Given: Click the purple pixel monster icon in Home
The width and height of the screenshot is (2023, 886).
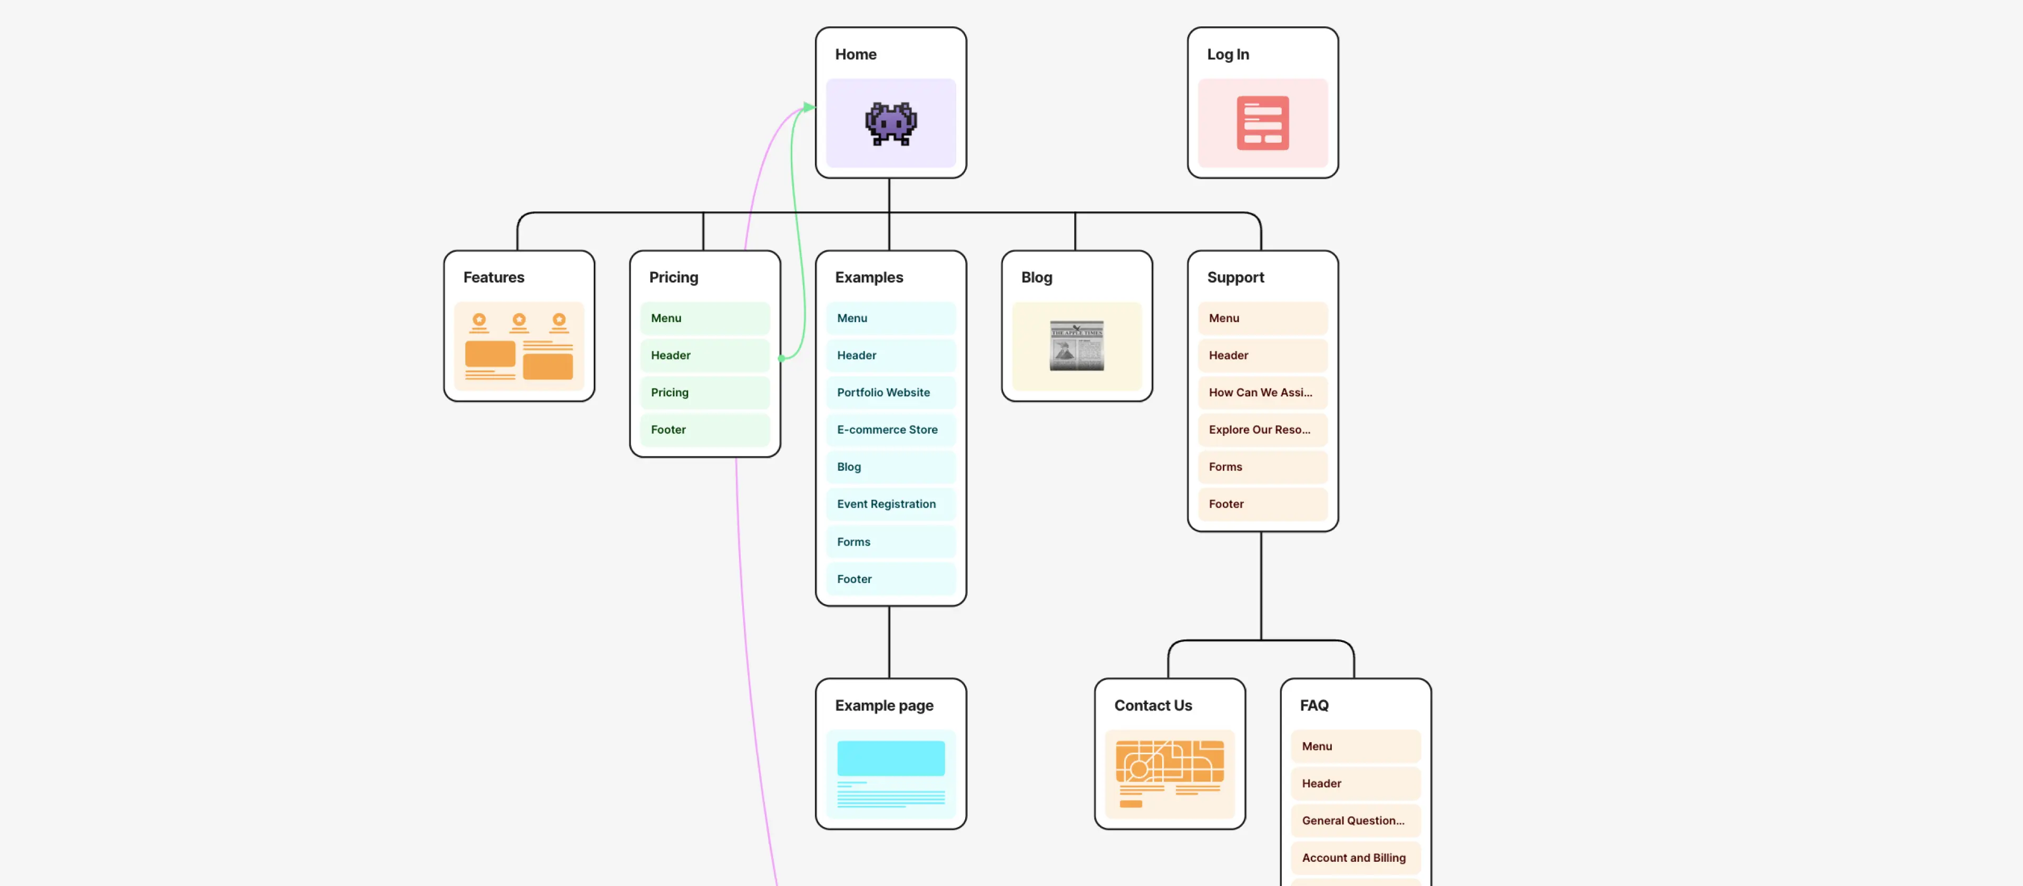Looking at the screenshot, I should [x=890, y=123].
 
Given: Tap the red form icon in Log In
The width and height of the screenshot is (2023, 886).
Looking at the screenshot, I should [x=1262, y=123].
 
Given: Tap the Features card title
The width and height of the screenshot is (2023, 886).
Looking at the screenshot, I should [x=493, y=277].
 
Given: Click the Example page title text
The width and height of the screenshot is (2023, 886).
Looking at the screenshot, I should [x=883, y=705].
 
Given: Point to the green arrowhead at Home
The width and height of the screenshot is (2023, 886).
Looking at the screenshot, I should [x=809, y=107].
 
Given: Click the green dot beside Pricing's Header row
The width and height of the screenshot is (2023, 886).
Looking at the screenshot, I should [x=782, y=358].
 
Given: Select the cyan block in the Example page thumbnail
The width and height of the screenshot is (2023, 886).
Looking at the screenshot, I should [x=890, y=758].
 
